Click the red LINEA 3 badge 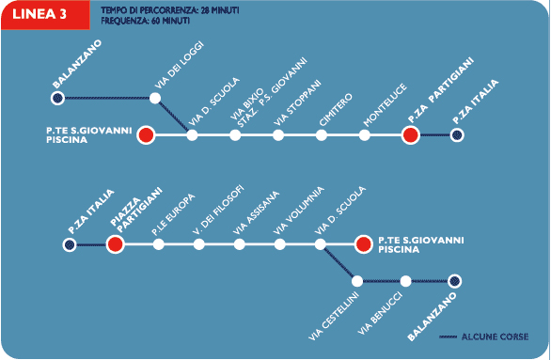tap(45, 15)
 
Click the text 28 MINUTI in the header tap(220, 10)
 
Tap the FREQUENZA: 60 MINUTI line tap(145, 21)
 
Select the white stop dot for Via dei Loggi tap(155, 98)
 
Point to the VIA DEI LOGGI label tap(180, 66)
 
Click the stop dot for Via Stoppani tap(278, 135)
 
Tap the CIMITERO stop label tap(336, 109)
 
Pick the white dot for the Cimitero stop tap(322, 135)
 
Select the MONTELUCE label tap(385, 104)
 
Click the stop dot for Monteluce tap(365, 135)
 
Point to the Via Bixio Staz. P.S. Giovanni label tap(269, 93)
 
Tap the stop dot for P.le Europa tap(159, 244)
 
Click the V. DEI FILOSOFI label tap(218, 210)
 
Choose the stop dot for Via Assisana tap(240, 244)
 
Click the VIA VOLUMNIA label tap(298, 211)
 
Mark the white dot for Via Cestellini tap(357, 281)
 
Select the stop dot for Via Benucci tap(405, 281)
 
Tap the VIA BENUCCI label tap(380, 313)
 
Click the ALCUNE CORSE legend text tap(495, 337)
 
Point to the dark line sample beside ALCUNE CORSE tap(448, 337)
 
